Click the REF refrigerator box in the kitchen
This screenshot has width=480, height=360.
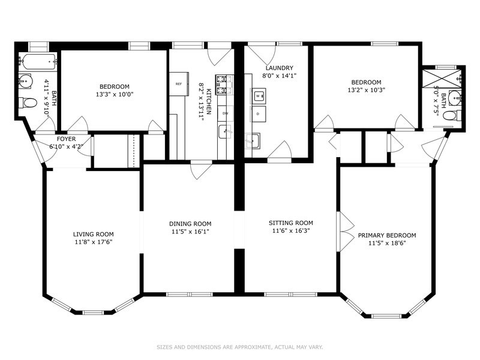pyautogui.click(x=179, y=84)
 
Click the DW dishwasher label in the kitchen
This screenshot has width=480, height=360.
pyautogui.click(x=225, y=113)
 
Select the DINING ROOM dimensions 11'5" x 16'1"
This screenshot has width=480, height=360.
pyautogui.click(x=190, y=231)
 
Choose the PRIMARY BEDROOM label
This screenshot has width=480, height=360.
pyautogui.click(x=386, y=235)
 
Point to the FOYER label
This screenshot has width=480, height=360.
pyautogui.click(x=65, y=139)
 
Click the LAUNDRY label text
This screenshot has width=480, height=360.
pyautogui.click(x=279, y=68)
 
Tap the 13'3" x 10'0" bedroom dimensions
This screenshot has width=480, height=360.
pyautogui.click(x=114, y=94)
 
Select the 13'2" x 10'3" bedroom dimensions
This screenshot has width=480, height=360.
pyautogui.click(x=365, y=90)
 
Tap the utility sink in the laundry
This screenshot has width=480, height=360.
pyautogui.click(x=252, y=141)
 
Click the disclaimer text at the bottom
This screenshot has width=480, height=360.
pyautogui.click(x=240, y=347)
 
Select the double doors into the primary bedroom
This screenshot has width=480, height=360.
pyautogui.click(x=344, y=232)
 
